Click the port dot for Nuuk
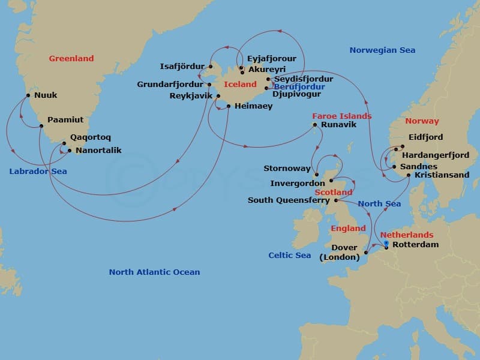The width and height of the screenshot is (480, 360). pyautogui.click(x=28, y=95)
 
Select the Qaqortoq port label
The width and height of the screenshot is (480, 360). pyautogui.click(x=90, y=137)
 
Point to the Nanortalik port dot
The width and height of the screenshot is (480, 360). pyautogui.click(x=70, y=150)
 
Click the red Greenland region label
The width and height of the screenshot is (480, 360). pyautogui.click(x=71, y=59)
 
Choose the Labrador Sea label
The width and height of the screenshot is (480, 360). pyautogui.click(x=38, y=172)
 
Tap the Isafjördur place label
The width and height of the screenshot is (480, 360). pyautogui.click(x=182, y=66)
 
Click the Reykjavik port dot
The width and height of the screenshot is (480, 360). pyautogui.click(x=218, y=96)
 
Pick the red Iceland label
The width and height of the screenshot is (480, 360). pyautogui.click(x=240, y=85)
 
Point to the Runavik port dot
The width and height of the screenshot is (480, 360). pyautogui.click(x=315, y=125)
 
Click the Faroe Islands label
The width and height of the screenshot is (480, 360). pyautogui.click(x=341, y=116)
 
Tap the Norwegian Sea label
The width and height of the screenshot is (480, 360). pyautogui.click(x=382, y=50)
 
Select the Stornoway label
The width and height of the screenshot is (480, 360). pyautogui.click(x=287, y=169)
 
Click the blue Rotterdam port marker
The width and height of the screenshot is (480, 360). pyautogui.click(x=386, y=244)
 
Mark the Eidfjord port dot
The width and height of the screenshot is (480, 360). pyautogui.click(x=402, y=146)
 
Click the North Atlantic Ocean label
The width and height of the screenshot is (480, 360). pyautogui.click(x=154, y=272)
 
